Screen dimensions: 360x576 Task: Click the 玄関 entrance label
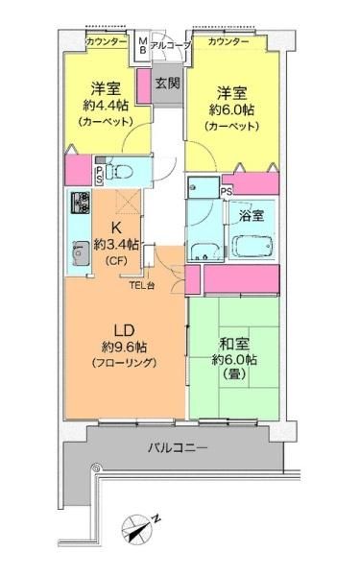(167, 83)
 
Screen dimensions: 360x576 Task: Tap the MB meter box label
(142, 45)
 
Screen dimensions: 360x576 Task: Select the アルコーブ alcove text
(170, 45)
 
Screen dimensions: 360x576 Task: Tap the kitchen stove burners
(81, 203)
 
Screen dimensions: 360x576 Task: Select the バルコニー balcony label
(178, 447)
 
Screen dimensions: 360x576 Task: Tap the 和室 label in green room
(234, 344)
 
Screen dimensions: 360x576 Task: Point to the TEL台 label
(142, 285)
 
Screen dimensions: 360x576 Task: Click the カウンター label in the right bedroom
(228, 42)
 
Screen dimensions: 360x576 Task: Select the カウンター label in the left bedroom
(107, 42)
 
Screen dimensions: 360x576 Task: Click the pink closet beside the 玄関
(144, 86)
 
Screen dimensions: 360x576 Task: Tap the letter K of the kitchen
(116, 228)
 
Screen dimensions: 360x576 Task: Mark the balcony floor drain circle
(96, 468)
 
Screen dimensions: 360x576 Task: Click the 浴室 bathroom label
(252, 215)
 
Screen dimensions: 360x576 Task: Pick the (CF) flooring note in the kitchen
(116, 261)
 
